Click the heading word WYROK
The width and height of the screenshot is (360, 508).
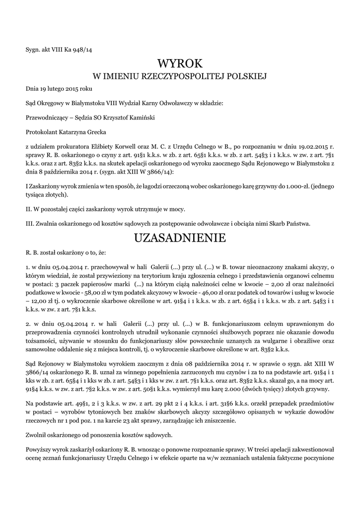coord(180,63)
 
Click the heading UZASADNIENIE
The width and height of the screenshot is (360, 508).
coord(180,238)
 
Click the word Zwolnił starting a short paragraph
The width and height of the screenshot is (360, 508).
coord(37,435)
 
